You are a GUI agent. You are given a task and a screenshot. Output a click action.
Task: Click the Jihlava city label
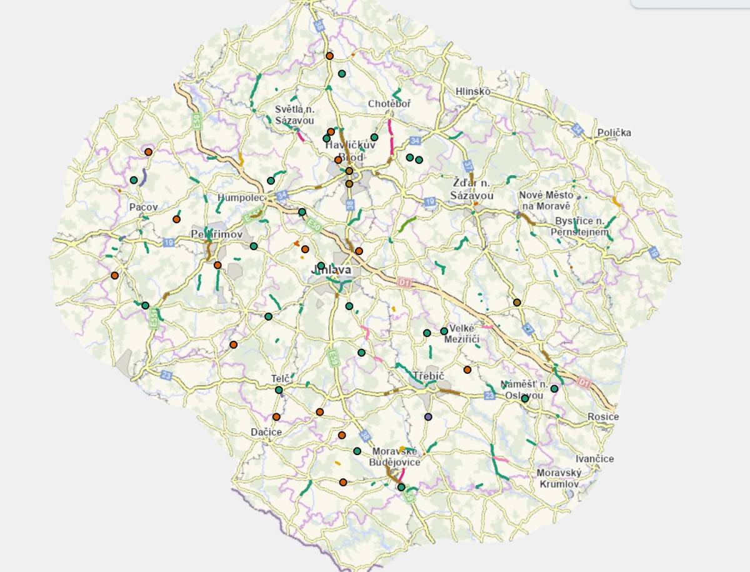(331, 270)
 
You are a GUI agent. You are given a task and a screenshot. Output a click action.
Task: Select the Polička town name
(614, 133)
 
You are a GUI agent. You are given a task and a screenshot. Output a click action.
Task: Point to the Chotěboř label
(389, 103)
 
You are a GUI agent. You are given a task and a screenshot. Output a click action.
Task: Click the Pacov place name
(143, 207)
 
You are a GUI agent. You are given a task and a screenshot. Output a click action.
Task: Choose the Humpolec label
(238, 198)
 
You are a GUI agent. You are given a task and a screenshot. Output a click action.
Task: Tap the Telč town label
(278, 379)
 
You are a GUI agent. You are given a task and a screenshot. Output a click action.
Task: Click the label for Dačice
(266, 432)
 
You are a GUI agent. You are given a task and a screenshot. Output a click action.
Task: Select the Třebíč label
(428, 376)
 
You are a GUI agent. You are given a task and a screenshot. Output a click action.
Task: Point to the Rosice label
(603, 417)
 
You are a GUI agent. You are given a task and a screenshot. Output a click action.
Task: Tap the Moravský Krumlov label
(559, 478)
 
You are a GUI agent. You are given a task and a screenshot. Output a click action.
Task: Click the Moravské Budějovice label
(396, 456)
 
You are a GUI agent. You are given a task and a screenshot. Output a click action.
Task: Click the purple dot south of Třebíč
(428, 416)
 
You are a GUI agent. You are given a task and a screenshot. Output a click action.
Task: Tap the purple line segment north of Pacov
(143, 177)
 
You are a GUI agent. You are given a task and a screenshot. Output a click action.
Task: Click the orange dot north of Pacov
(148, 152)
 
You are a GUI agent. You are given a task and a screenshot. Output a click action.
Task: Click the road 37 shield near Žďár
(467, 166)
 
